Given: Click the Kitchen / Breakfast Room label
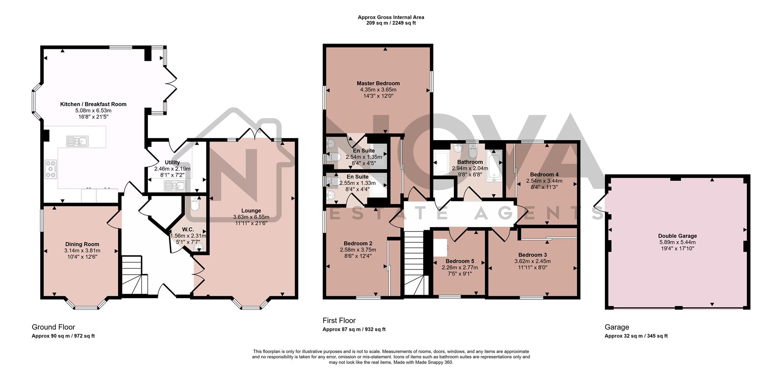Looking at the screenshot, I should point(93,104).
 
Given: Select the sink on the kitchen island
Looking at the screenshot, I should point(77,141).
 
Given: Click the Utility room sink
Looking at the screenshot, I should point(175,186).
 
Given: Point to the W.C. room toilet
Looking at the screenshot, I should point(195,205).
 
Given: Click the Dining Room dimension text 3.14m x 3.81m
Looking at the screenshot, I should point(82,251).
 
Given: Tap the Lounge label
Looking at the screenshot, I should point(251,211).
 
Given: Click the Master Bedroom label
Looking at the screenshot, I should point(378,84).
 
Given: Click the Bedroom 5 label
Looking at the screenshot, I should point(460,261).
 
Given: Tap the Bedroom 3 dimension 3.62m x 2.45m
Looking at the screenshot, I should point(532,261).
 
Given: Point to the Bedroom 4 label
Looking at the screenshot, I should point(544,174).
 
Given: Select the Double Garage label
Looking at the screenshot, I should point(677,236).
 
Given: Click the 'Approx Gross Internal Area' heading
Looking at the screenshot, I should point(391,17).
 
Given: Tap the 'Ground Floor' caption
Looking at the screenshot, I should point(53,327).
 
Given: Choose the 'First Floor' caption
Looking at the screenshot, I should point(339,321).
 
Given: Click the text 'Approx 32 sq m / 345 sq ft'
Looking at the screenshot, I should point(636,336).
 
